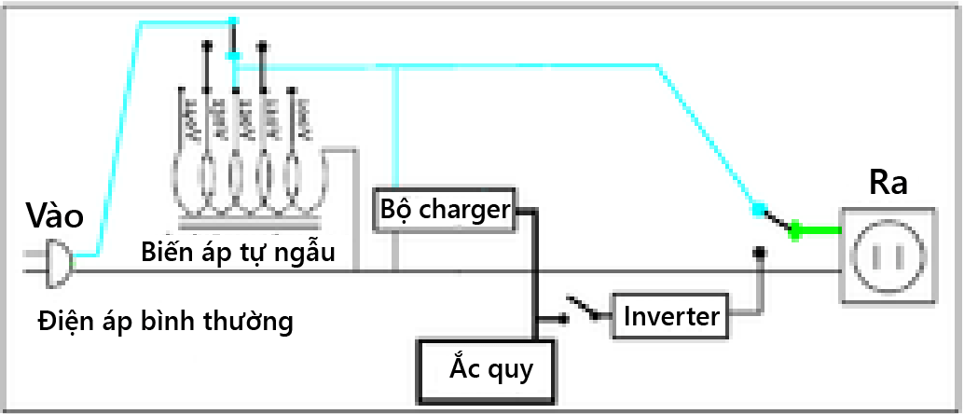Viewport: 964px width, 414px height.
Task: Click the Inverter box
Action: point(672,316)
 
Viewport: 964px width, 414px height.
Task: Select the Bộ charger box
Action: point(444,209)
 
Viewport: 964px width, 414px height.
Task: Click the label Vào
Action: point(55,217)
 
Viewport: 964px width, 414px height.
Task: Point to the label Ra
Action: point(888,184)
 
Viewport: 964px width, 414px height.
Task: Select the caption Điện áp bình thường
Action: point(166,323)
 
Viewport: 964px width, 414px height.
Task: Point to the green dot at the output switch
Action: point(795,228)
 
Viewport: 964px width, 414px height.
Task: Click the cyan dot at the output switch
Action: point(758,209)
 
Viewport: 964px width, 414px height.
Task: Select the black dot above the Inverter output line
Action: point(761,252)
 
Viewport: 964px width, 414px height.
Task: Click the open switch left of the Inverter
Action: point(582,310)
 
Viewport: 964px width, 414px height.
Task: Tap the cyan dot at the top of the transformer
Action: point(233,21)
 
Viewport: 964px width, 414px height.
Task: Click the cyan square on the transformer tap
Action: point(234,57)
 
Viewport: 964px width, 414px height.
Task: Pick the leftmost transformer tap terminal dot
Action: point(208,44)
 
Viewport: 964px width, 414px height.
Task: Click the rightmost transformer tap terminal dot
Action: point(263,44)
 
